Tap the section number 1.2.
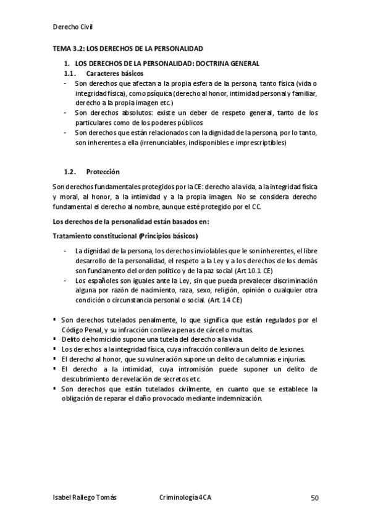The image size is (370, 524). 70,171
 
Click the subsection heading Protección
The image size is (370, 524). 103,171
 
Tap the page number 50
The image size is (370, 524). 314,497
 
